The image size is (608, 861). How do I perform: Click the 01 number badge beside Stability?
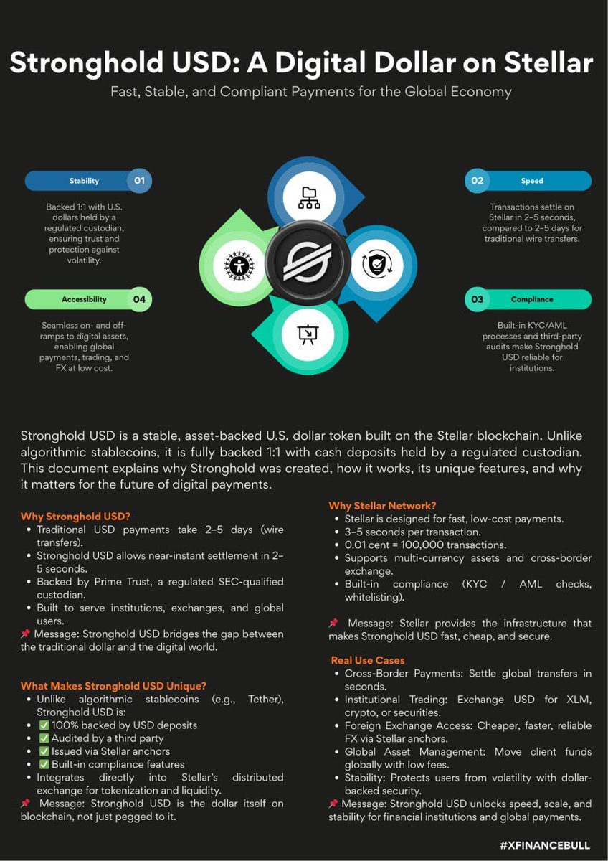click(x=139, y=181)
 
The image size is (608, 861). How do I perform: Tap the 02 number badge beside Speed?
click(x=477, y=181)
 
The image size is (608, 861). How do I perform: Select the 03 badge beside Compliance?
click(x=477, y=299)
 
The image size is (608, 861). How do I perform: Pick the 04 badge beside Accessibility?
click(x=139, y=299)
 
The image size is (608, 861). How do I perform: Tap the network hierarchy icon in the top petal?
click(x=309, y=197)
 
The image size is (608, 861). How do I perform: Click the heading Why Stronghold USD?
click(x=75, y=516)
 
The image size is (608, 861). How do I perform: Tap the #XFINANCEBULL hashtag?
click(x=544, y=846)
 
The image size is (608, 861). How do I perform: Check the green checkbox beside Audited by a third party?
click(x=44, y=738)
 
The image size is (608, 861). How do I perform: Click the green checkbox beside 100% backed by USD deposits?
click(x=44, y=725)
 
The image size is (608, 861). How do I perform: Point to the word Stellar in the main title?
click(x=543, y=63)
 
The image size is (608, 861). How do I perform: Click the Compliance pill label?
click(x=532, y=299)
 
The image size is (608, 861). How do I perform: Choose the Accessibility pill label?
click(x=84, y=299)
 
